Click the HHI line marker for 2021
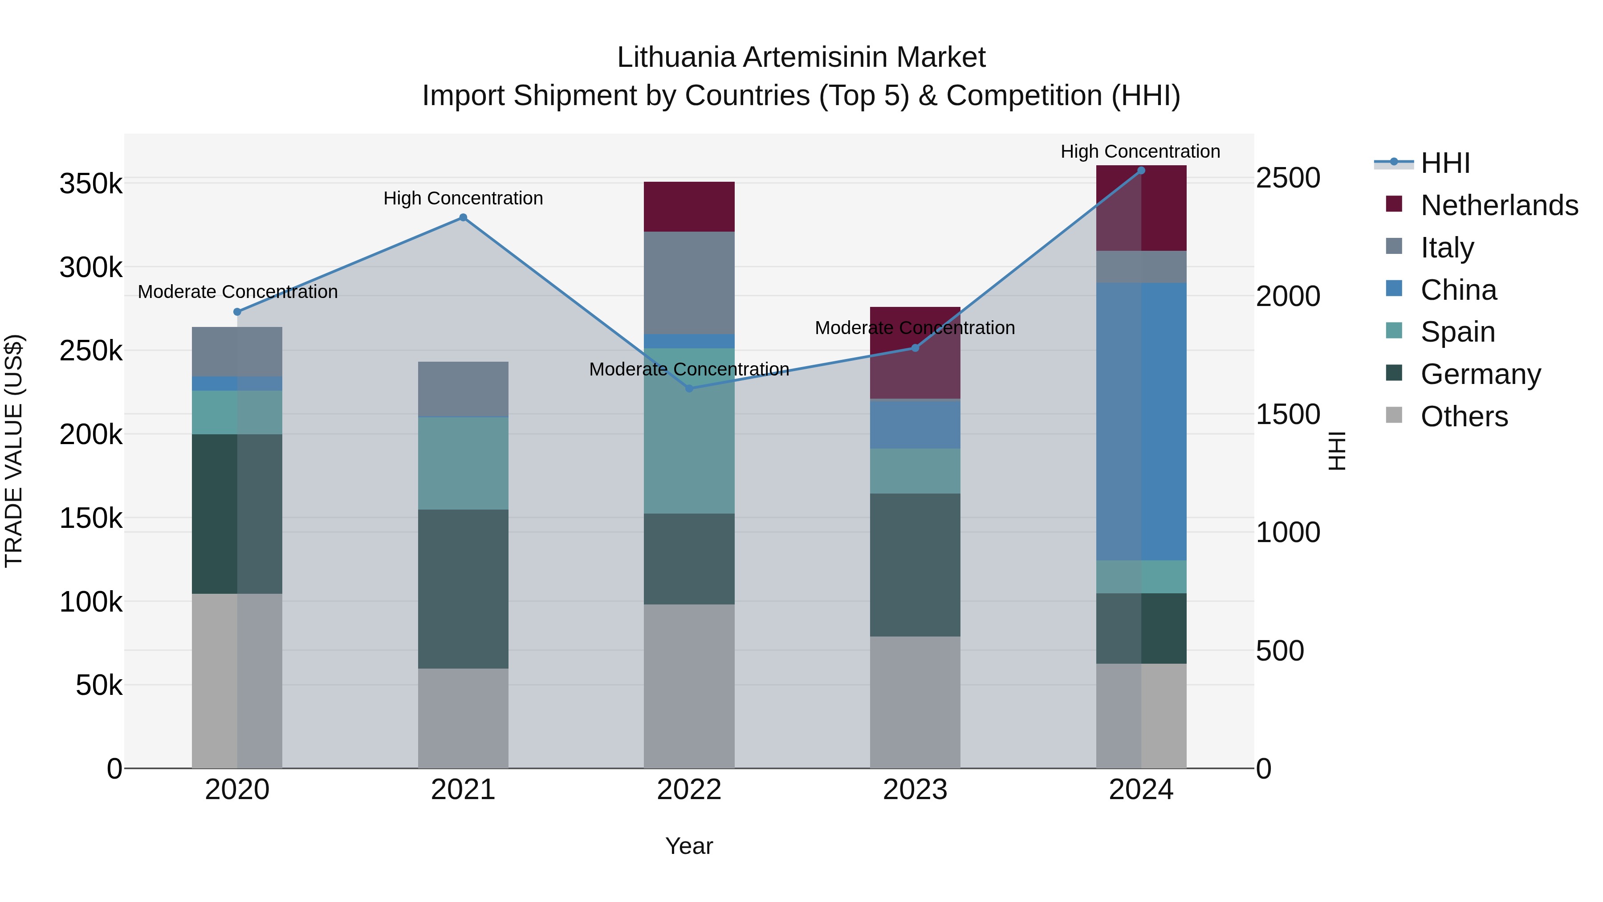pos(463,217)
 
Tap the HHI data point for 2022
pos(689,388)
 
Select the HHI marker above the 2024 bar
pos(1141,171)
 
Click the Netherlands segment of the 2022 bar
pos(689,207)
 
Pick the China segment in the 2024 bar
pos(1141,421)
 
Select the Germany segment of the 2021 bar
pos(463,589)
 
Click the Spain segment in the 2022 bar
pos(689,431)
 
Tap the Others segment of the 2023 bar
pos(915,702)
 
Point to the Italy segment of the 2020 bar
pos(237,352)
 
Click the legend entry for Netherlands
pos(1499,205)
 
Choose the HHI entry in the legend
pos(1445,163)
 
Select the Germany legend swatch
pos(1394,374)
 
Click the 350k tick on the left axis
pos(91,184)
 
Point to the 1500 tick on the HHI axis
pos(1287,414)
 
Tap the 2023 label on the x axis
pos(915,790)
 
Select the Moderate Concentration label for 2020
pos(237,291)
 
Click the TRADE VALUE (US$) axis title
pos(14,451)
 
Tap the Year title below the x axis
pos(689,846)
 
